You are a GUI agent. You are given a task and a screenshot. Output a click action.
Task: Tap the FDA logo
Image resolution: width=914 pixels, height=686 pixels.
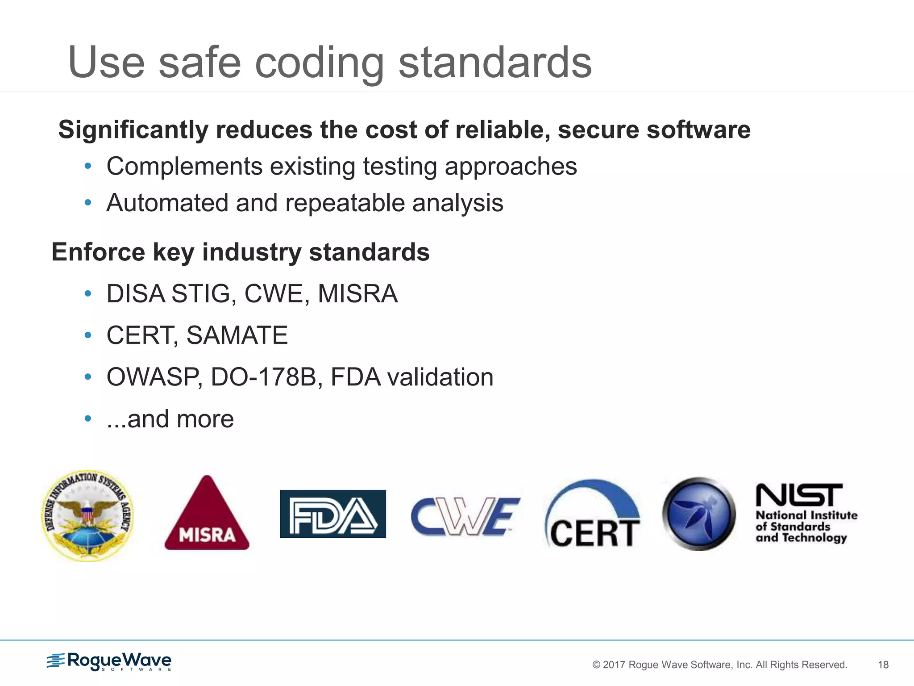[x=333, y=514]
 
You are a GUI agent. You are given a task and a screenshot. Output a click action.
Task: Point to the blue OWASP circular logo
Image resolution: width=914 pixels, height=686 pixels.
[x=699, y=514]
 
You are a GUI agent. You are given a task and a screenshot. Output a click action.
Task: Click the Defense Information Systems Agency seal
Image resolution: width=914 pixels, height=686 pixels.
[x=87, y=515]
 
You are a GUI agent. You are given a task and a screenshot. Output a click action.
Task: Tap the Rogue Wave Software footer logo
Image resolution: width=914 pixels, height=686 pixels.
[x=109, y=661]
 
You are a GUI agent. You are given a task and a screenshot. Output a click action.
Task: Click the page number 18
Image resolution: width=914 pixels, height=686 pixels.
[x=883, y=665]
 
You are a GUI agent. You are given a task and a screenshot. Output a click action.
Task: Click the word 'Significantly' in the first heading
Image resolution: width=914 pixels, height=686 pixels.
[x=133, y=130]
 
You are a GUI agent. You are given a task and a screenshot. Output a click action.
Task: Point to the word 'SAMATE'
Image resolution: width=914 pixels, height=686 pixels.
[x=237, y=335]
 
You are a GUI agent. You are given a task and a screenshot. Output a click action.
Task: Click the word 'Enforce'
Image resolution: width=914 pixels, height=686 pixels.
[x=98, y=252]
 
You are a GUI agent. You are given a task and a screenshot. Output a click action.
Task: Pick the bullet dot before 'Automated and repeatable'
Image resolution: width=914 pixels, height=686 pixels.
[x=88, y=203]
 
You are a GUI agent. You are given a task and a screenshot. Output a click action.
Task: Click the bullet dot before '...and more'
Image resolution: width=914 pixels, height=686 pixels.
[x=88, y=419]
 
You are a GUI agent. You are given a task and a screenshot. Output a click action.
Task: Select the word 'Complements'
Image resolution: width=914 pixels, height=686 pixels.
[x=184, y=167]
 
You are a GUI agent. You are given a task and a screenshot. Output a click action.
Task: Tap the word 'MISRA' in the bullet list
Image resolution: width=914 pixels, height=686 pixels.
[x=357, y=294]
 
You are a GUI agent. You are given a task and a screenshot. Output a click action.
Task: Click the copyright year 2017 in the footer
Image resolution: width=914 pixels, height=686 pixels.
[x=614, y=665]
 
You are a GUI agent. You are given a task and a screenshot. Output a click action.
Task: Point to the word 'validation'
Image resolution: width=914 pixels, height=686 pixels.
[x=440, y=377]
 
